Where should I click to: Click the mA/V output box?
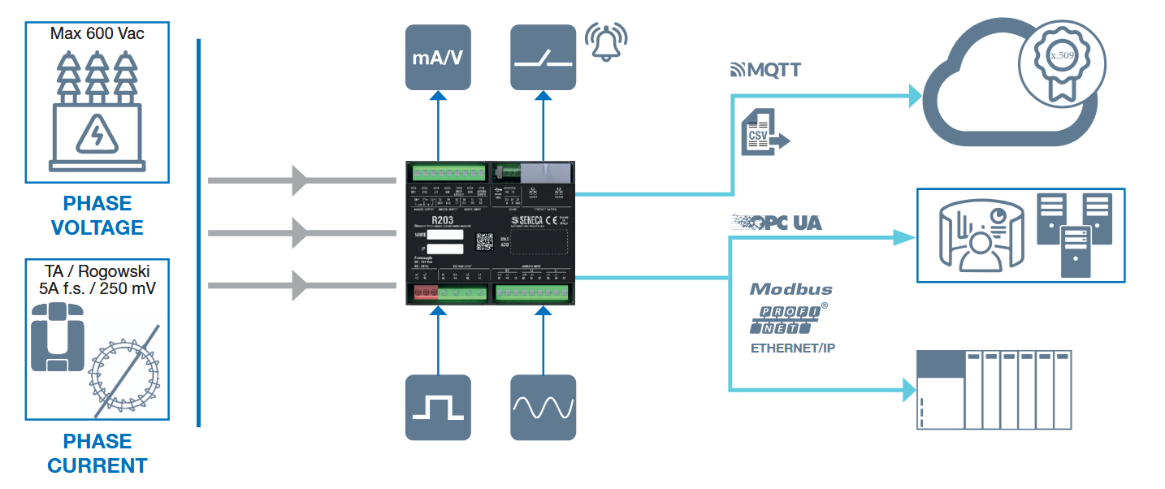[x=438, y=57]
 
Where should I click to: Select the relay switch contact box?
[x=543, y=57]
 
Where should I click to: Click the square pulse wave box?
[x=438, y=407]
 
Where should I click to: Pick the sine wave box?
[x=544, y=407]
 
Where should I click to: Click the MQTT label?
[x=765, y=70]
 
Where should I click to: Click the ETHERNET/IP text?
[x=792, y=348]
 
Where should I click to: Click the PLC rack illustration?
[x=993, y=389]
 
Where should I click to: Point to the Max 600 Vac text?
[x=97, y=33]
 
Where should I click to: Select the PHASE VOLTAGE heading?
[x=97, y=215]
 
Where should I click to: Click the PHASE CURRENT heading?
[x=97, y=453]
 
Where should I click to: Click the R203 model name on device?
[x=443, y=219]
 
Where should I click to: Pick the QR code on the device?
[x=485, y=241]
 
